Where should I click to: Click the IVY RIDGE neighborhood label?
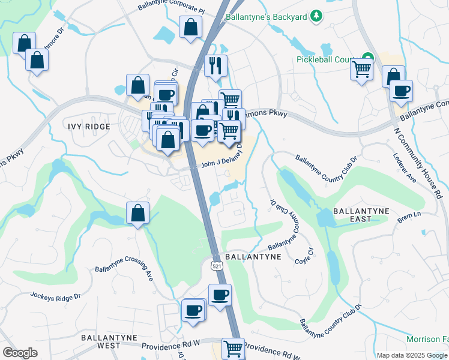pyautogui.click(x=89, y=127)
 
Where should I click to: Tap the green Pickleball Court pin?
pyautogui.click(x=368, y=58)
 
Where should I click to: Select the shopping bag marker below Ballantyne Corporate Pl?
pyautogui.click(x=190, y=27)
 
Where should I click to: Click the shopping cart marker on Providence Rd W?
pyautogui.click(x=233, y=348)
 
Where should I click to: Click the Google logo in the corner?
pyautogui.click(x=20, y=353)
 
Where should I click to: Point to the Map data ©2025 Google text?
pyautogui.click(x=411, y=355)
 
